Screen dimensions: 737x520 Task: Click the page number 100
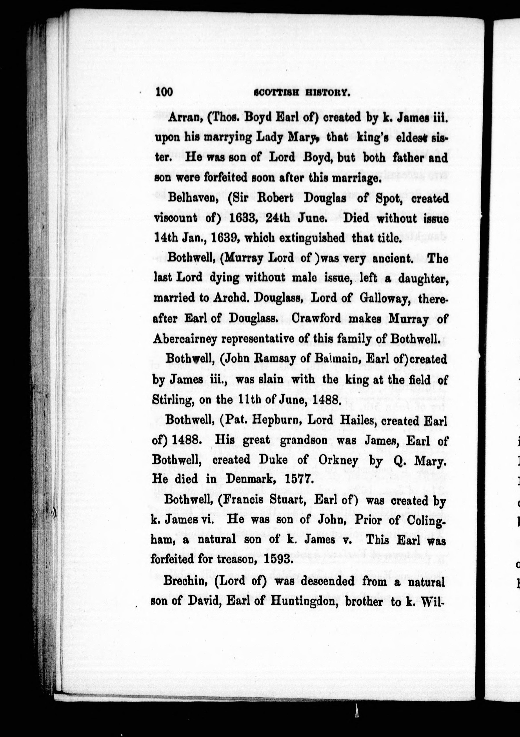pyautogui.click(x=164, y=92)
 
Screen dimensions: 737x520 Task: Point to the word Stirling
pyautogui.click(x=172, y=400)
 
